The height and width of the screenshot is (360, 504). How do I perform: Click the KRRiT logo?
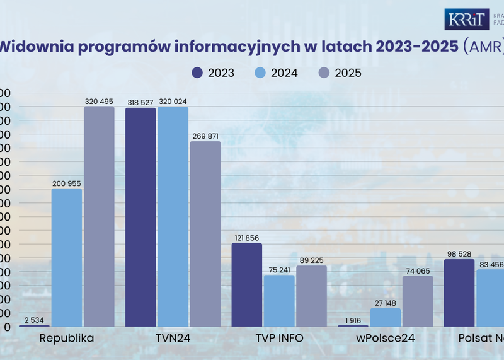click(x=466, y=20)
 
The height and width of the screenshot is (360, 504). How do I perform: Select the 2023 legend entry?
click(x=213, y=73)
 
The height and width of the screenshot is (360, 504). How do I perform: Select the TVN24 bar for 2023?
click(x=140, y=217)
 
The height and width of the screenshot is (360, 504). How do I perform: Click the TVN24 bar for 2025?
click(x=205, y=234)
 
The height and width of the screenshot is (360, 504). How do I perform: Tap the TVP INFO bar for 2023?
click(x=247, y=284)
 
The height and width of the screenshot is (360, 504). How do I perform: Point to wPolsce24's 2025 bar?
click(x=418, y=301)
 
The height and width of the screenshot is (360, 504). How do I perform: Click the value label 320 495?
click(x=99, y=101)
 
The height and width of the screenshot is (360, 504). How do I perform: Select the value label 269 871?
click(x=205, y=136)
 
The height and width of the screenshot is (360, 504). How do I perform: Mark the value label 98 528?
click(x=459, y=253)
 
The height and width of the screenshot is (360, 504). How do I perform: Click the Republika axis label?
click(x=67, y=339)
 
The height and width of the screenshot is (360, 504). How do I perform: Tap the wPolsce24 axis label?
click(x=386, y=339)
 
